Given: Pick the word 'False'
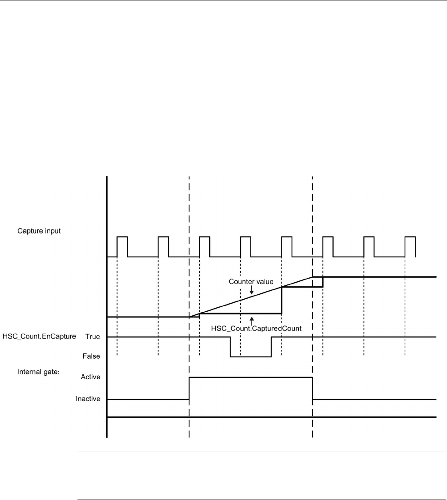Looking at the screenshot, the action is coord(92,356).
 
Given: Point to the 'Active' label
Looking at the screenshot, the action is coord(91,377).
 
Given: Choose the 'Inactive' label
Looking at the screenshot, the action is coord(88,398).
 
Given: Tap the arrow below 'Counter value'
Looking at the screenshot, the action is coord(252,291).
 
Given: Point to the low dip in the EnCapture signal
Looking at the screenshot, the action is coord(250,356).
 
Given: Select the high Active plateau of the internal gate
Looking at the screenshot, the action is coord(251,377).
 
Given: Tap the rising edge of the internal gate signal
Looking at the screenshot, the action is coord(189,388).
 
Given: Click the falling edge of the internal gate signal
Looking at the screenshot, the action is coord(312,388).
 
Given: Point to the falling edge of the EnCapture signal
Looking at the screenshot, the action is coord(230,347).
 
